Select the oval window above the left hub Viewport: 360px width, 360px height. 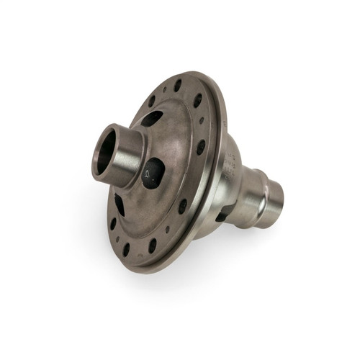point(151,119)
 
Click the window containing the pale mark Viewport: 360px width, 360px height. point(153,174)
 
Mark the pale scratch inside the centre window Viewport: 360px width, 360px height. point(149,173)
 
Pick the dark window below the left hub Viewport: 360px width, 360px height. point(120,205)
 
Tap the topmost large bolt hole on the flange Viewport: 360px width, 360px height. point(178,85)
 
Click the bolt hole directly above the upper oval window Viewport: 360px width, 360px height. point(152,101)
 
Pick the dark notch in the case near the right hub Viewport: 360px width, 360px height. point(224,212)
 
